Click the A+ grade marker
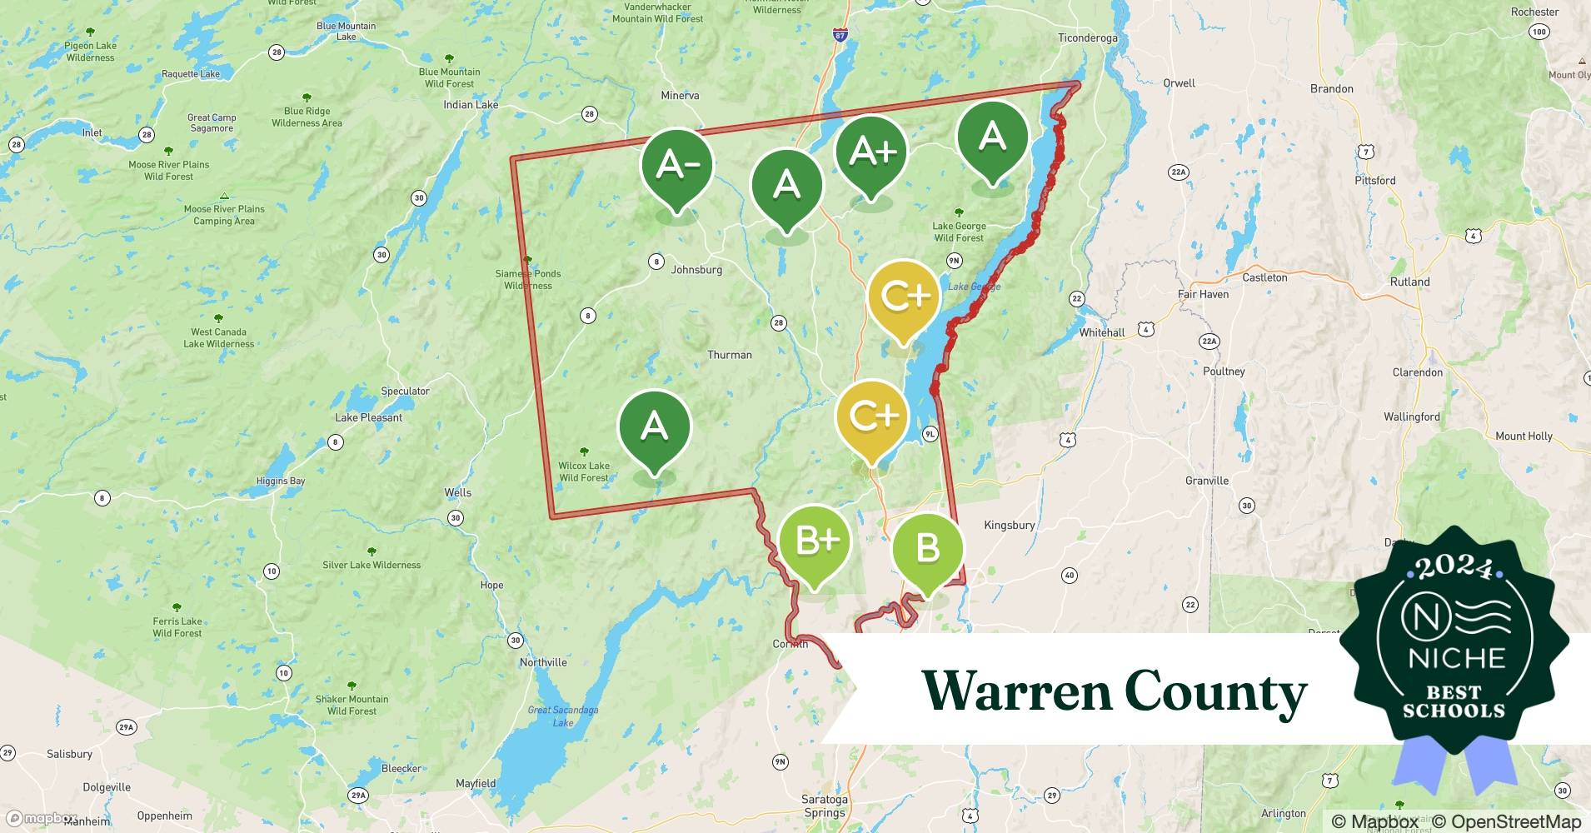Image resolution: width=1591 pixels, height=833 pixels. pos(871,152)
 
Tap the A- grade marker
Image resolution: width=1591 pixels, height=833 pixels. pos(676,165)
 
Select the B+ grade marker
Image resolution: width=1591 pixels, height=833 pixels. pos(815,542)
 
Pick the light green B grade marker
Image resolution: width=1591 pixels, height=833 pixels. pos(927,549)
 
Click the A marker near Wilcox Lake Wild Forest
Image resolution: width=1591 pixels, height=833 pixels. pos(654,427)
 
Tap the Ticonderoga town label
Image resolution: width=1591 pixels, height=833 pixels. pos(1087,38)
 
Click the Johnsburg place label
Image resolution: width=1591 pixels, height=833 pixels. pos(696,270)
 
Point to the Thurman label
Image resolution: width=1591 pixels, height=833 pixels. pos(729,355)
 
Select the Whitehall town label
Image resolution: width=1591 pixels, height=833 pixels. pos(1101,332)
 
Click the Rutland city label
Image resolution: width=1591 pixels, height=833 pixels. pos(1409,282)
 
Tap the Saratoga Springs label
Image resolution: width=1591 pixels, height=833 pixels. pos(824,806)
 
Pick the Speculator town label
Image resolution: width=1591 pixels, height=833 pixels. pos(405,392)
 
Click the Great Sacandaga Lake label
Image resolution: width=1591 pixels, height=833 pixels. pos(563,716)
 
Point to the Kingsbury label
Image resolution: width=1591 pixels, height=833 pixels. pos(1009,526)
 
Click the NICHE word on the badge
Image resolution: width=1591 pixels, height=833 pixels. pos(1456,658)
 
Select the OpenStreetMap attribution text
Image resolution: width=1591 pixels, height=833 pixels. pos(1506,821)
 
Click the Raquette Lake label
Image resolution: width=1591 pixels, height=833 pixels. pos(191,74)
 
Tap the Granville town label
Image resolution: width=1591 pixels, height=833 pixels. pos(1206,481)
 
